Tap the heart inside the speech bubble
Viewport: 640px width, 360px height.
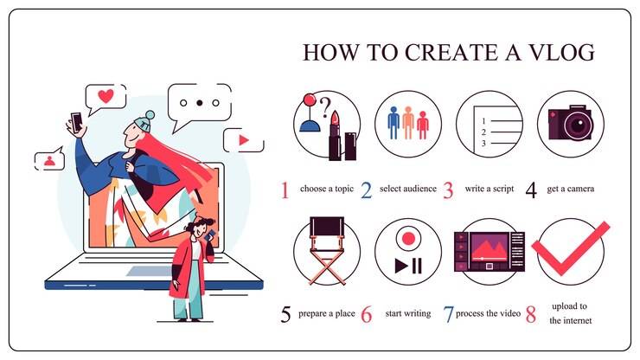click(106, 95)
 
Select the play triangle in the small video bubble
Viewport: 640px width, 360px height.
click(244, 140)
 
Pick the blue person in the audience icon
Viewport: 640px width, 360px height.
click(394, 123)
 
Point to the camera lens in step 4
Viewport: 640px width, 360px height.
click(578, 125)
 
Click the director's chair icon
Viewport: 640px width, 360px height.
click(327, 250)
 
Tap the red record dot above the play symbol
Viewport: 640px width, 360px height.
click(408, 238)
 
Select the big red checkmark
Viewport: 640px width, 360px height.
click(570, 248)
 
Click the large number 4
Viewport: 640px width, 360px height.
click(531, 190)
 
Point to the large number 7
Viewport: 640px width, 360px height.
click(448, 314)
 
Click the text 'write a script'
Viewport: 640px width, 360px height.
click(490, 189)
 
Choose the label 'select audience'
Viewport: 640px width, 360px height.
click(407, 189)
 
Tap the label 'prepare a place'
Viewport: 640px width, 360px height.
click(327, 313)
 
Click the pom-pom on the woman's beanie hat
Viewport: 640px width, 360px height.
click(150, 115)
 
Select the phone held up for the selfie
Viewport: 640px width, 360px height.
click(76, 122)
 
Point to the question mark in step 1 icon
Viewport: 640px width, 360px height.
click(324, 107)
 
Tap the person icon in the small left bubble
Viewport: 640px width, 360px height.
click(50, 161)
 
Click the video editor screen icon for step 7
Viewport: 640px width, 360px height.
click(489, 252)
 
